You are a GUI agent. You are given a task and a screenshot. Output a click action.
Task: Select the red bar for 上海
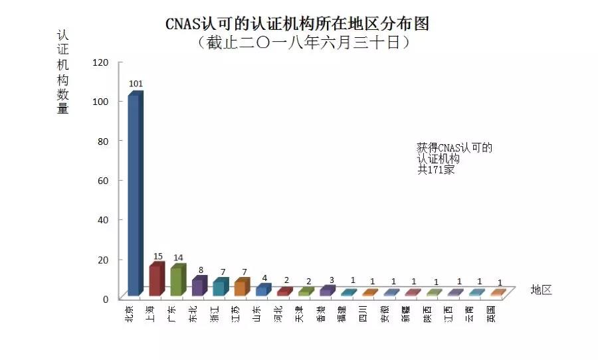155,280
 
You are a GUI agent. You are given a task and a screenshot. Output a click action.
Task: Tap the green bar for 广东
177,280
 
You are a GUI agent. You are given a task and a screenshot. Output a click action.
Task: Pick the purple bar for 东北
198,286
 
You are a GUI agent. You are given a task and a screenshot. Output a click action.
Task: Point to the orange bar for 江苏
241,288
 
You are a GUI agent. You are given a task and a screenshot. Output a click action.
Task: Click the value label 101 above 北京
136,84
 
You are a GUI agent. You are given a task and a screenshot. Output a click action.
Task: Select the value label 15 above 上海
157,256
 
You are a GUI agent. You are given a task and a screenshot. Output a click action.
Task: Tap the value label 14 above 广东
179,258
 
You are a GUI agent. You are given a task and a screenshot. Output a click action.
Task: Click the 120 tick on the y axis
100,62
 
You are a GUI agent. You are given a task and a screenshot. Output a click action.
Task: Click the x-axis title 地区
542,290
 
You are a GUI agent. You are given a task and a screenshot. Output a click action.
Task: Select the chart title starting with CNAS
297,24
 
